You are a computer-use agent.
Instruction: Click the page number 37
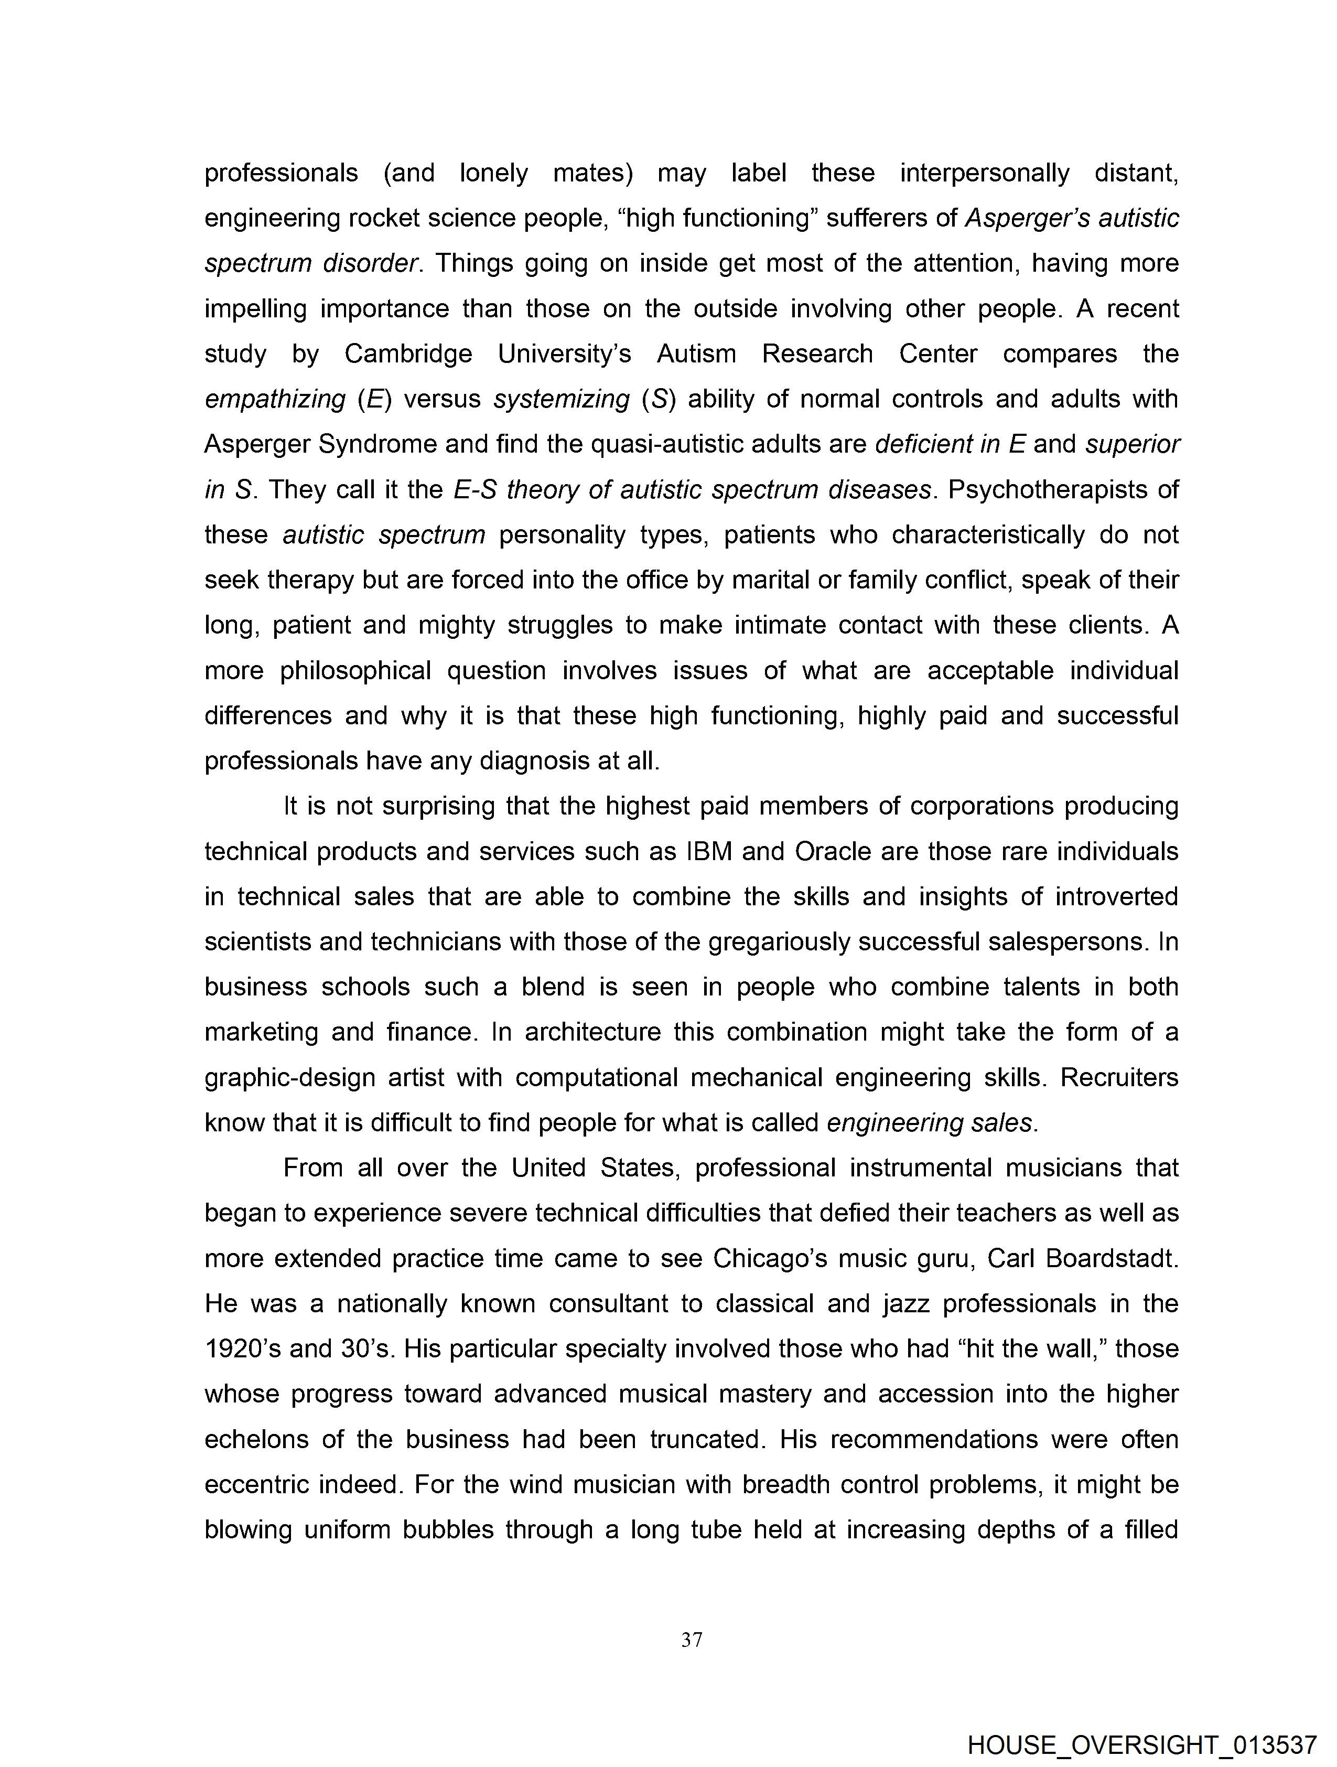[692, 1640]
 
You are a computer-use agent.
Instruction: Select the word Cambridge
[408, 354]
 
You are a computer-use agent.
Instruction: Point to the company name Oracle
[833, 852]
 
